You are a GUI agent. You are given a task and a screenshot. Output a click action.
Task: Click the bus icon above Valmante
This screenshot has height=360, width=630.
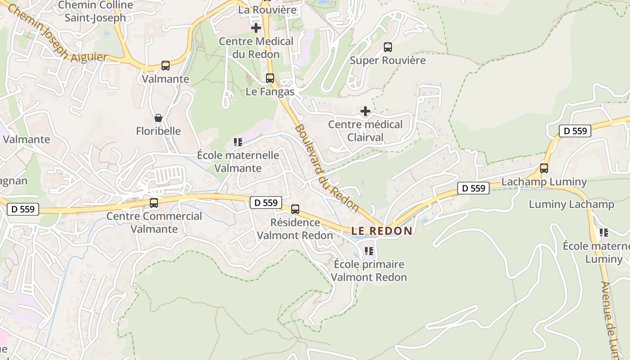point(166,66)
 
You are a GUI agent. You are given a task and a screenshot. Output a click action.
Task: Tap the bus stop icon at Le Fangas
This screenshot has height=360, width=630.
point(270,78)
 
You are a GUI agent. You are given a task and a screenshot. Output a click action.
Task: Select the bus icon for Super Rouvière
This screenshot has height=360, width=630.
point(387,47)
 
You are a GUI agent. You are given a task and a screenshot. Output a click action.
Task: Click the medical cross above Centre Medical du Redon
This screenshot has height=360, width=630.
point(256,28)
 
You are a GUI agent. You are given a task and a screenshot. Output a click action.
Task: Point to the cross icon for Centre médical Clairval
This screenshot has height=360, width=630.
point(365,111)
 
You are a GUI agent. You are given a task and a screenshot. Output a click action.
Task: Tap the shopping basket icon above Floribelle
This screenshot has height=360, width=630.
point(158,118)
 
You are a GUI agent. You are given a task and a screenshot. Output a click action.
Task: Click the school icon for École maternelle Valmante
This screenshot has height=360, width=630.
point(238,142)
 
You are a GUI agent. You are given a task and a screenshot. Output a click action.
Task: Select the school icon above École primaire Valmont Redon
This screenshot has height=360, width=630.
point(369,251)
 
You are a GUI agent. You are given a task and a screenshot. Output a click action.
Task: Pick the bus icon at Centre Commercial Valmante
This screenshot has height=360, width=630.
point(154,203)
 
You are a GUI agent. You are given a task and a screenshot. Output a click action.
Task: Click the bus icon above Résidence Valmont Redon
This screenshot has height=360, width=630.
point(295,209)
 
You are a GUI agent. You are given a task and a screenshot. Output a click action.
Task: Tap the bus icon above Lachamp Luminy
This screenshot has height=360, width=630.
point(544,168)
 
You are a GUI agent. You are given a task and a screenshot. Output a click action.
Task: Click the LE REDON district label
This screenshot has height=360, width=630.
point(382,231)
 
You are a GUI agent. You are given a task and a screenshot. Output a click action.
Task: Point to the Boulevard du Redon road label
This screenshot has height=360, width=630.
point(327,168)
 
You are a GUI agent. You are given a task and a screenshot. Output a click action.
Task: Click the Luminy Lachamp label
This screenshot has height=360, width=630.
point(571,204)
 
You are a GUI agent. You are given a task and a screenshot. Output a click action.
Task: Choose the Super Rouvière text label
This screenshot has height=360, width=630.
point(387,60)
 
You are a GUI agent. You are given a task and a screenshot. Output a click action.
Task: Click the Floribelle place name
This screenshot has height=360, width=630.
point(158,131)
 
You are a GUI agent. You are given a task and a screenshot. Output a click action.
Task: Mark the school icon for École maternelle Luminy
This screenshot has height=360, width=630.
point(603,233)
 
